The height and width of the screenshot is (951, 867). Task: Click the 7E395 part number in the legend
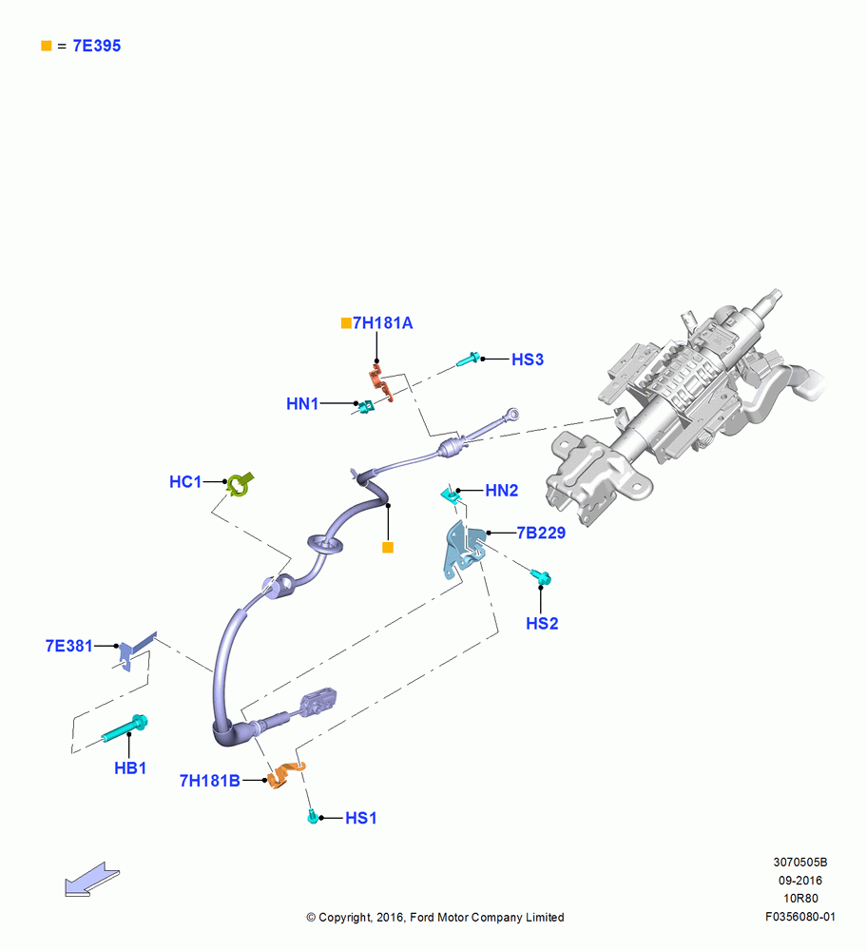pos(96,46)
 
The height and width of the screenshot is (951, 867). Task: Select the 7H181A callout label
pos(382,323)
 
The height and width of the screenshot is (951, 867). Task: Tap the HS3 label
pos(528,359)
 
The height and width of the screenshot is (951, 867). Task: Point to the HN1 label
pos(302,404)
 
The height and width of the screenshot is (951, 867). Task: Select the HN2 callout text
pos(501,491)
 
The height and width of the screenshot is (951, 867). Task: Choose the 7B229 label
pos(541,534)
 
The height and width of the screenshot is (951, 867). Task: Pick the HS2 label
pos(542,624)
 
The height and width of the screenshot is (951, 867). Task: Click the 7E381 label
pos(69,646)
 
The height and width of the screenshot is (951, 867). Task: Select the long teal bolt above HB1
pos(125,729)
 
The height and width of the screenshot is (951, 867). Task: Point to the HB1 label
pos(130,768)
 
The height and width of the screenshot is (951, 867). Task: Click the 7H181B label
pos(210,781)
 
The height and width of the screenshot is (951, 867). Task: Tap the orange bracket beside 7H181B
pos(285,775)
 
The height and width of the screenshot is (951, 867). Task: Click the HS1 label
pos(360,818)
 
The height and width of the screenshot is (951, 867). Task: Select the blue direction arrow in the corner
pos(92,880)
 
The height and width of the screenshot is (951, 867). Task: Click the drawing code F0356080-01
pos(800,917)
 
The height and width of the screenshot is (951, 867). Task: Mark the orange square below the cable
pos(388,548)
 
